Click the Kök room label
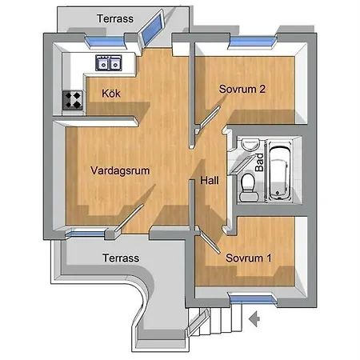[x=111, y=94]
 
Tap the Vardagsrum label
[x=120, y=170]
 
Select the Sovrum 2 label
[x=242, y=89]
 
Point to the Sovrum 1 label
[x=249, y=258]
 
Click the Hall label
[x=210, y=181]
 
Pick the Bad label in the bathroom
[x=259, y=162]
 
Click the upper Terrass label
[x=115, y=18]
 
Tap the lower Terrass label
[x=121, y=258]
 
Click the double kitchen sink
[x=109, y=63]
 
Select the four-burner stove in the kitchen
[x=73, y=100]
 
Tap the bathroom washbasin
[x=250, y=144]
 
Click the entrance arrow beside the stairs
[x=254, y=318]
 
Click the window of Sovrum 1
[x=252, y=299]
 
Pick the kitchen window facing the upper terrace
[x=106, y=42]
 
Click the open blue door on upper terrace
[x=151, y=28]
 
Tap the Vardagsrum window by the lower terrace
[x=86, y=234]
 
